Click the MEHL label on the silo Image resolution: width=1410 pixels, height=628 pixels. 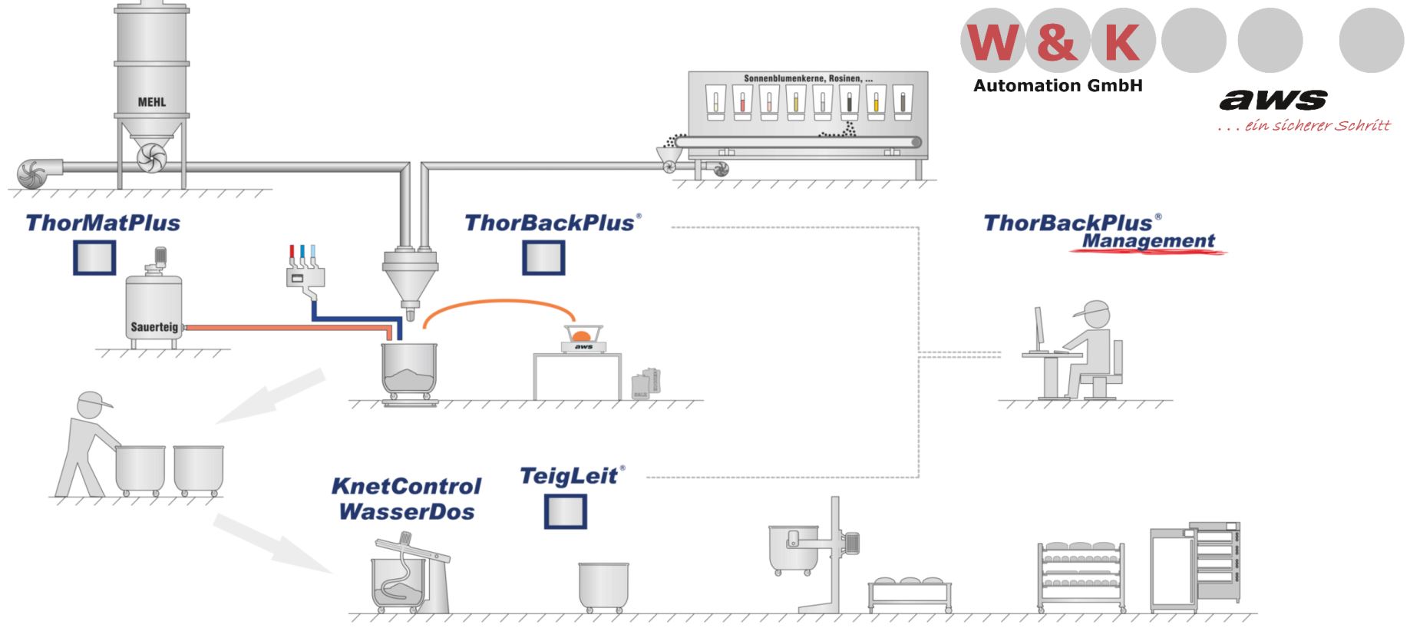(151, 102)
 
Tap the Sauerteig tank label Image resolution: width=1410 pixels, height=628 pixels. (154, 327)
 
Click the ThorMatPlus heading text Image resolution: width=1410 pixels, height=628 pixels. (103, 223)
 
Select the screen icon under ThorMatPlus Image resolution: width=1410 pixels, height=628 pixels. (94, 258)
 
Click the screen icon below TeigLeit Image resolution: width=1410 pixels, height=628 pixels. (566, 511)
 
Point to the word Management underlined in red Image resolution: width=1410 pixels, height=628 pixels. (1148, 241)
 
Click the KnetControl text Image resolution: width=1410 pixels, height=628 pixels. (406, 487)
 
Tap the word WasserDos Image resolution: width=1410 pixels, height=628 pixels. (406, 512)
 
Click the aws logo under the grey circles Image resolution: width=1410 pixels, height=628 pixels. (1273, 100)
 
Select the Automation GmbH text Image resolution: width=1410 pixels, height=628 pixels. (1058, 86)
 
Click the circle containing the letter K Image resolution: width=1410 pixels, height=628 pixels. (1122, 41)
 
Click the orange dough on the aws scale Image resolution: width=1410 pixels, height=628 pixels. (582, 335)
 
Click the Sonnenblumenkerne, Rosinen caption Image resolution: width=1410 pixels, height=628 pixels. (807, 78)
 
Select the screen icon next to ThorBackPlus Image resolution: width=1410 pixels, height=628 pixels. (543, 258)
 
